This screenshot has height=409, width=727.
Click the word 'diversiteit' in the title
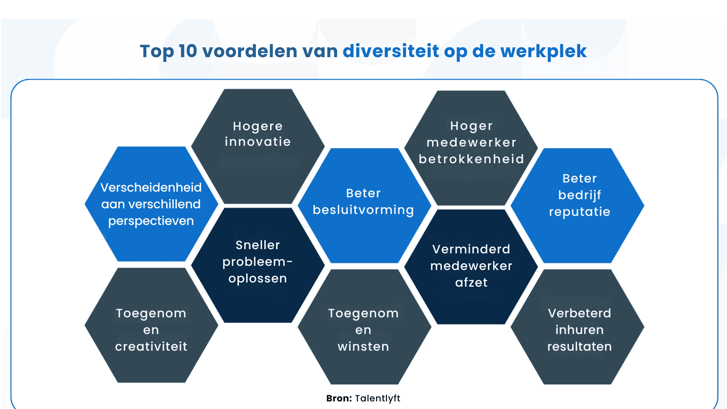point(390,51)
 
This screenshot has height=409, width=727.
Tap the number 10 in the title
point(188,51)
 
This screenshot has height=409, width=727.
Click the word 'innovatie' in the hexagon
point(257,142)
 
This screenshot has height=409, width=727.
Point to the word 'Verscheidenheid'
point(151,187)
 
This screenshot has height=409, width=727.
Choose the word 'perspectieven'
point(151,221)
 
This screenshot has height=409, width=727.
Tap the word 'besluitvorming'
point(363,210)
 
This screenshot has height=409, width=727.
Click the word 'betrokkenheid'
point(471,159)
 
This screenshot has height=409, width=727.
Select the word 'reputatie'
point(579,212)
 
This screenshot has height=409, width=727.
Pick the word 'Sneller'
point(257,245)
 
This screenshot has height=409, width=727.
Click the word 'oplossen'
point(257,279)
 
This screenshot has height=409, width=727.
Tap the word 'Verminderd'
point(471,249)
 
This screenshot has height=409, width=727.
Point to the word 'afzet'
point(471,283)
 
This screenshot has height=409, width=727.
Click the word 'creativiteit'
point(151,347)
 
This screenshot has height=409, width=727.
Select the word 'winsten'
point(363,347)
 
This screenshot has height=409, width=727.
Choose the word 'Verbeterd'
point(579,313)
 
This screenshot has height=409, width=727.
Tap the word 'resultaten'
point(579,347)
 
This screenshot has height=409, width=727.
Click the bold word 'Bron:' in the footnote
point(339,398)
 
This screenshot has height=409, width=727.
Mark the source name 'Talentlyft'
point(378,398)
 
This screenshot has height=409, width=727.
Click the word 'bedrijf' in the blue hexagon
point(579,195)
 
